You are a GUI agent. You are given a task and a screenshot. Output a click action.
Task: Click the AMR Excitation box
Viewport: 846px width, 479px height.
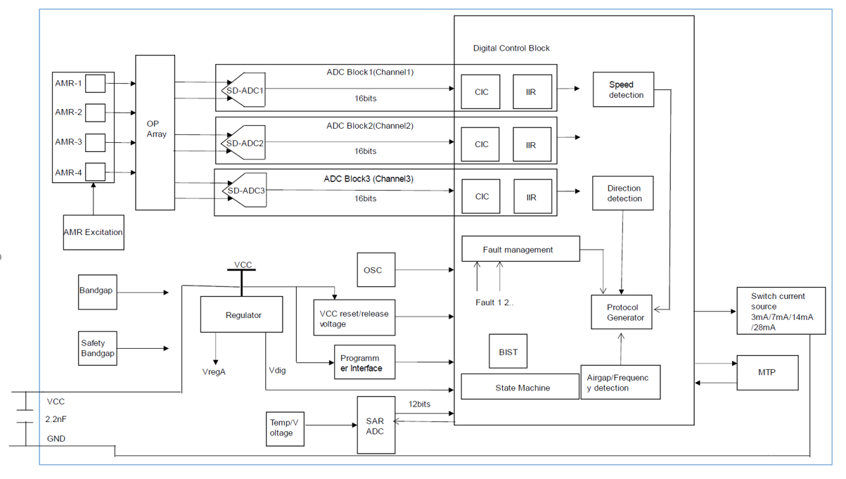click(94, 232)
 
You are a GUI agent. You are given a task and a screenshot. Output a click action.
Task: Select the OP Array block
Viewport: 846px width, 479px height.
click(155, 132)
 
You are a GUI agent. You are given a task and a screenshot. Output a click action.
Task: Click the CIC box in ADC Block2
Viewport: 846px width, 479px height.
click(480, 144)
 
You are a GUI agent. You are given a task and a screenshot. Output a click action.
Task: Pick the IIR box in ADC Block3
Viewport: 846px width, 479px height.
click(532, 197)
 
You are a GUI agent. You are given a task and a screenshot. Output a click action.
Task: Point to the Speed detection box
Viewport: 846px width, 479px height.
click(623, 89)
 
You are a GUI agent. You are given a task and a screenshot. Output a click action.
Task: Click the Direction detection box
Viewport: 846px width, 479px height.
click(623, 193)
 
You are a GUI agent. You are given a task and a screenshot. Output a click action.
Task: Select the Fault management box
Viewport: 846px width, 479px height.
click(520, 250)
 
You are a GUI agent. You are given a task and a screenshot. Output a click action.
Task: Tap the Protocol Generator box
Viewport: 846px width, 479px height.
click(621, 312)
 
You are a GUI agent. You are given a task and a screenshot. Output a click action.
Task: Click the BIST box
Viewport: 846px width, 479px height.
click(508, 352)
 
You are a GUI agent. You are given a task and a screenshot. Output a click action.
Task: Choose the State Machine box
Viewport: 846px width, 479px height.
click(520, 388)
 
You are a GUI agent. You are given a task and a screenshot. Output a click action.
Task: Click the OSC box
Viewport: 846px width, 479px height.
click(376, 270)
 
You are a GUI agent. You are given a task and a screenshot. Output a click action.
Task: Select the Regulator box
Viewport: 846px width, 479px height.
click(241, 314)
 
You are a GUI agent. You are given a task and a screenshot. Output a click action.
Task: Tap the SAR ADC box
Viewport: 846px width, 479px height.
click(375, 426)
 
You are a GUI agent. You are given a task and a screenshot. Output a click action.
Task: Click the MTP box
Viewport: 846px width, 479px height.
click(767, 372)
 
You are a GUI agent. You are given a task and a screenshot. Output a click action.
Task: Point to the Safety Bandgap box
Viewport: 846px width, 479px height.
click(97, 348)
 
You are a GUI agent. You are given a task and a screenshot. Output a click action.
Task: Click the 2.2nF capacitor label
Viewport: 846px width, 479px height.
click(56, 419)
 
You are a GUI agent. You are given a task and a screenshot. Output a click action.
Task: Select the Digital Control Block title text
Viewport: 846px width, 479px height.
click(511, 49)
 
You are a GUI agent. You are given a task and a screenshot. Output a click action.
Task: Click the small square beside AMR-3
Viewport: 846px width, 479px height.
click(95, 142)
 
